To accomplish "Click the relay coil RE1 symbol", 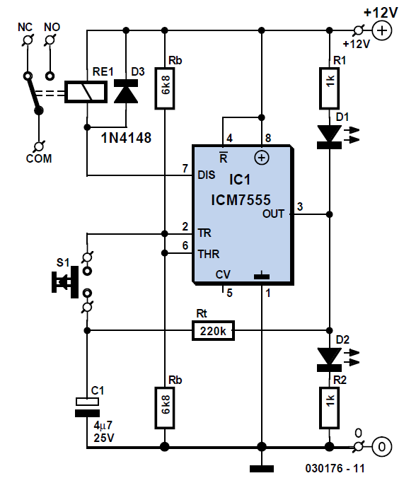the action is coord(86,92).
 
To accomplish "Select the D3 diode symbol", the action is coord(126,91).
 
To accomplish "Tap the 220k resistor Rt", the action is coord(213,330).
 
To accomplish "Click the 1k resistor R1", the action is coord(329,88).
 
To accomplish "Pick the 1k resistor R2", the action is coord(329,408).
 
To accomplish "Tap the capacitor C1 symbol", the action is coord(87,407).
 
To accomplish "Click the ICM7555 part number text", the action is coord(241,199).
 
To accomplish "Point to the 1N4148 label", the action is coord(126,138).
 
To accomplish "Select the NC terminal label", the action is coord(25,27).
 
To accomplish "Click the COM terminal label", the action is coord(39,158).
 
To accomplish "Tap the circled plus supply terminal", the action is coord(382,30).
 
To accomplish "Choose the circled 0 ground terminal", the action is coord(382,447).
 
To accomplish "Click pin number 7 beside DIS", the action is coord(185,168).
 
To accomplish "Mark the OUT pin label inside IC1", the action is coord(273,214).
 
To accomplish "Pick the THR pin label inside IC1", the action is coord(209,254).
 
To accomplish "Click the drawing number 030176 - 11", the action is coord(335,468).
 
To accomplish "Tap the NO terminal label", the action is coord(52,27).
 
